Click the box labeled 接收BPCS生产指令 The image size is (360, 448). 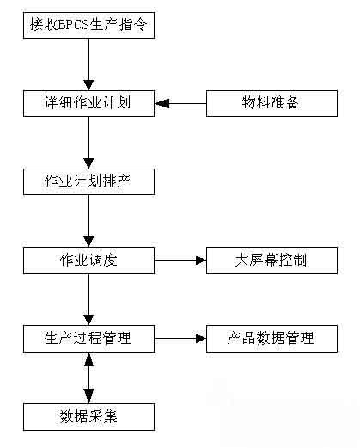(x=88, y=25)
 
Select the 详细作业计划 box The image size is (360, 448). (x=88, y=103)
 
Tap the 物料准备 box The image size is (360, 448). (x=272, y=103)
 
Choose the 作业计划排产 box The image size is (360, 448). (x=88, y=181)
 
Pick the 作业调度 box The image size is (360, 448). (x=88, y=261)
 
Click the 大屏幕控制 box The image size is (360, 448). (x=272, y=261)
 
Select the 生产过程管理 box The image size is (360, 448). (x=88, y=339)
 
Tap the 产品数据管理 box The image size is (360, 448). (x=272, y=339)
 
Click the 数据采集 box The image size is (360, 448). (x=88, y=417)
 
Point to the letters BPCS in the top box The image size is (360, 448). (x=74, y=25)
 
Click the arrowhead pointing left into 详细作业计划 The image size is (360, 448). (x=162, y=103)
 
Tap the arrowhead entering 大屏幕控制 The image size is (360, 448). (x=201, y=261)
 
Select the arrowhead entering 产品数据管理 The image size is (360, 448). (x=201, y=339)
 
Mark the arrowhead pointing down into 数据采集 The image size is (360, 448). (x=88, y=396)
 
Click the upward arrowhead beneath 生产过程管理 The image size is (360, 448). (x=88, y=359)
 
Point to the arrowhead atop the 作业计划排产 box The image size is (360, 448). (x=88, y=163)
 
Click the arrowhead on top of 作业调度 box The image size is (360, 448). (x=88, y=242)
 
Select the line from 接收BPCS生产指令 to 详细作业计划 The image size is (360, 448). (x=88, y=64)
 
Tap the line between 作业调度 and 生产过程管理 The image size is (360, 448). (x=88, y=299)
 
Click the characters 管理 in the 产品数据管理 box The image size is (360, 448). (x=300, y=339)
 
